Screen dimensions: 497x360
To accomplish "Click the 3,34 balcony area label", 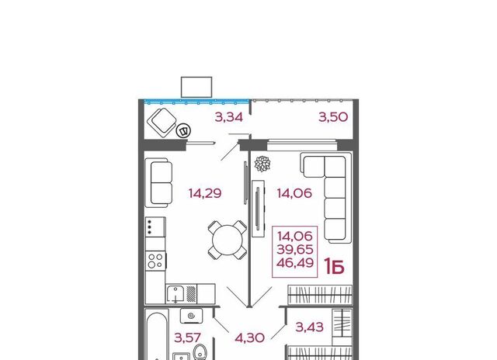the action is pyautogui.click(x=229, y=117).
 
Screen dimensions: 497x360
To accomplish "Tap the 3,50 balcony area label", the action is pyautogui.click(x=333, y=117).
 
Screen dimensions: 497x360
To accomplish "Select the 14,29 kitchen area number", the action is pyautogui.click(x=205, y=193).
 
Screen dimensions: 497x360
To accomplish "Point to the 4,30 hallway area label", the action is pyautogui.click(x=250, y=337).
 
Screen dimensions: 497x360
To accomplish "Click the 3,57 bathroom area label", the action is pyautogui.click(x=188, y=337).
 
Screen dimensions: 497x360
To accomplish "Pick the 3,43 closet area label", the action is pyautogui.click(x=309, y=327).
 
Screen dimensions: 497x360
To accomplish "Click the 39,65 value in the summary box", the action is pyautogui.click(x=295, y=250).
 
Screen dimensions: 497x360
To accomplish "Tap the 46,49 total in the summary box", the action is pyautogui.click(x=295, y=263).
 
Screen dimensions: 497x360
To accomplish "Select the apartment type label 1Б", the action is pyautogui.click(x=334, y=267).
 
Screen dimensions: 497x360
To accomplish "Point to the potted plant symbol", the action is pyautogui.click(x=262, y=164).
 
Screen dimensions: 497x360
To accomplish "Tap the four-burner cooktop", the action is pyautogui.click(x=155, y=261).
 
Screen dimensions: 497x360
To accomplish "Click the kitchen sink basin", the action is pyautogui.click(x=176, y=294).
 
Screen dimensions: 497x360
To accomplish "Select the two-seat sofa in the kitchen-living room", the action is pyautogui.click(x=159, y=183).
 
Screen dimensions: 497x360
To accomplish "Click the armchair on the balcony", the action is pyautogui.click(x=162, y=123).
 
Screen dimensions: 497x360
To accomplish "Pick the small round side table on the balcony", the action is pyautogui.click(x=183, y=130).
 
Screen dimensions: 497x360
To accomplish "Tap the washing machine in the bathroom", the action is pyautogui.click(x=192, y=316).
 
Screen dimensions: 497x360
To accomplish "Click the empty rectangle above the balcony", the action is pyautogui.click(x=196, y=87).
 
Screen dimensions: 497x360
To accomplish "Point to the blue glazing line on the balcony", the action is pyautogui.click(x=196, y=102).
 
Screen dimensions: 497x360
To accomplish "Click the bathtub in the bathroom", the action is pyautogui.click(x=157, y=336).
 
